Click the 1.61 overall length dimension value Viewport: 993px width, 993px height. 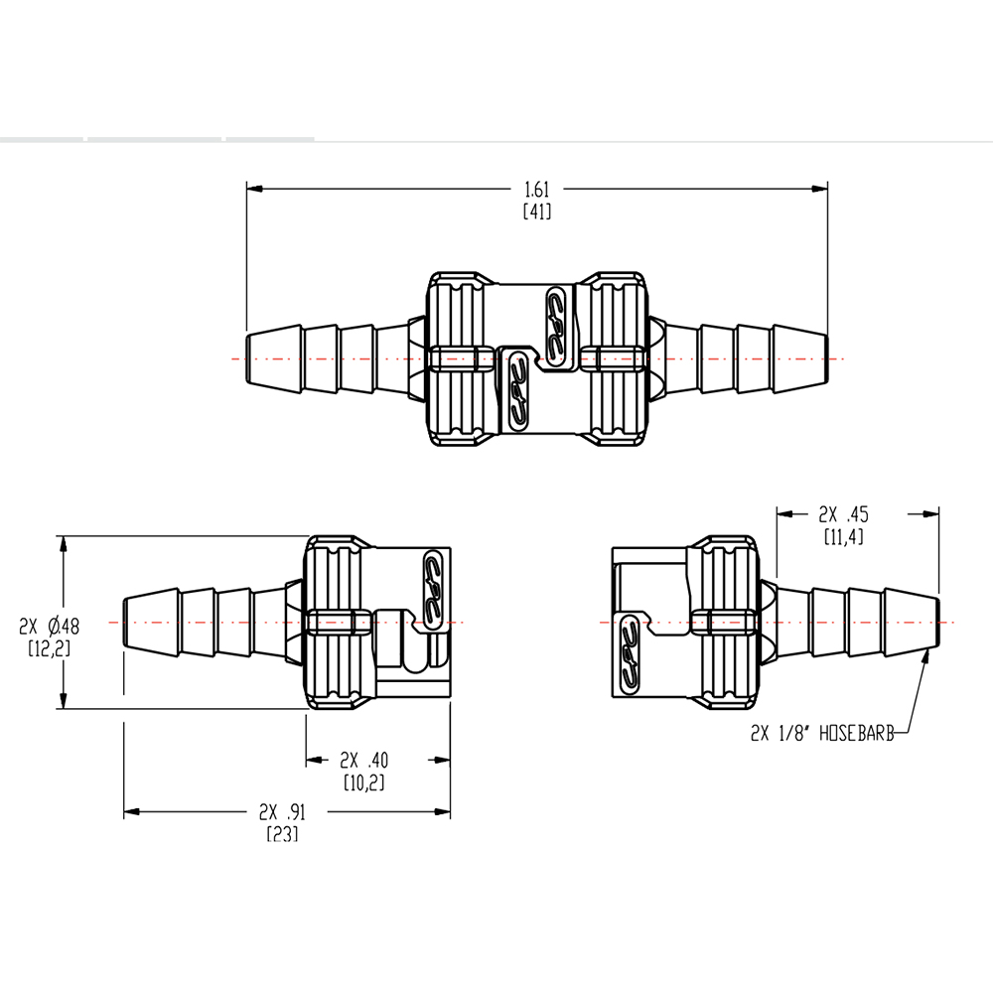click(x=536, y=188)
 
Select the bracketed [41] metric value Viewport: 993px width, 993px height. click(x=536, y=211)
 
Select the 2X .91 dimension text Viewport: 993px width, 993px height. click(x=282, y=810)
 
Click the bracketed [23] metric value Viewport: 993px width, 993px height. click(x=282, y=833)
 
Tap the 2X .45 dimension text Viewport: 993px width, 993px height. click(x=843, y=514)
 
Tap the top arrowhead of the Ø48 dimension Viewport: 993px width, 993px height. click(x=64, y=542)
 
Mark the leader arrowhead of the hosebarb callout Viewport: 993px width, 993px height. click(x=928, y=653)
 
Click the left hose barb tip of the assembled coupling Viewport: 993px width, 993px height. click(x=248, y=357)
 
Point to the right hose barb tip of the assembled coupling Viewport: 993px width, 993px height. click(x=824, y=357)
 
